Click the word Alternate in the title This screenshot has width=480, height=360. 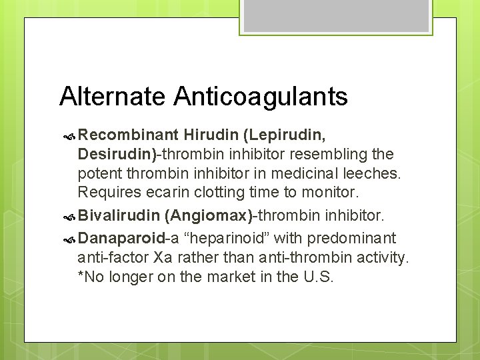(x=113, y=97)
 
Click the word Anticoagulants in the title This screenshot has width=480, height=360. (x=261, y=97)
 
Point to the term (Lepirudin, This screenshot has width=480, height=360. (x=285, y=136)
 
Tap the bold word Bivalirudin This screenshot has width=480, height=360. (x=119, y=216)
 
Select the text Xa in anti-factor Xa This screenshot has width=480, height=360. (x=162, y=257)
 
